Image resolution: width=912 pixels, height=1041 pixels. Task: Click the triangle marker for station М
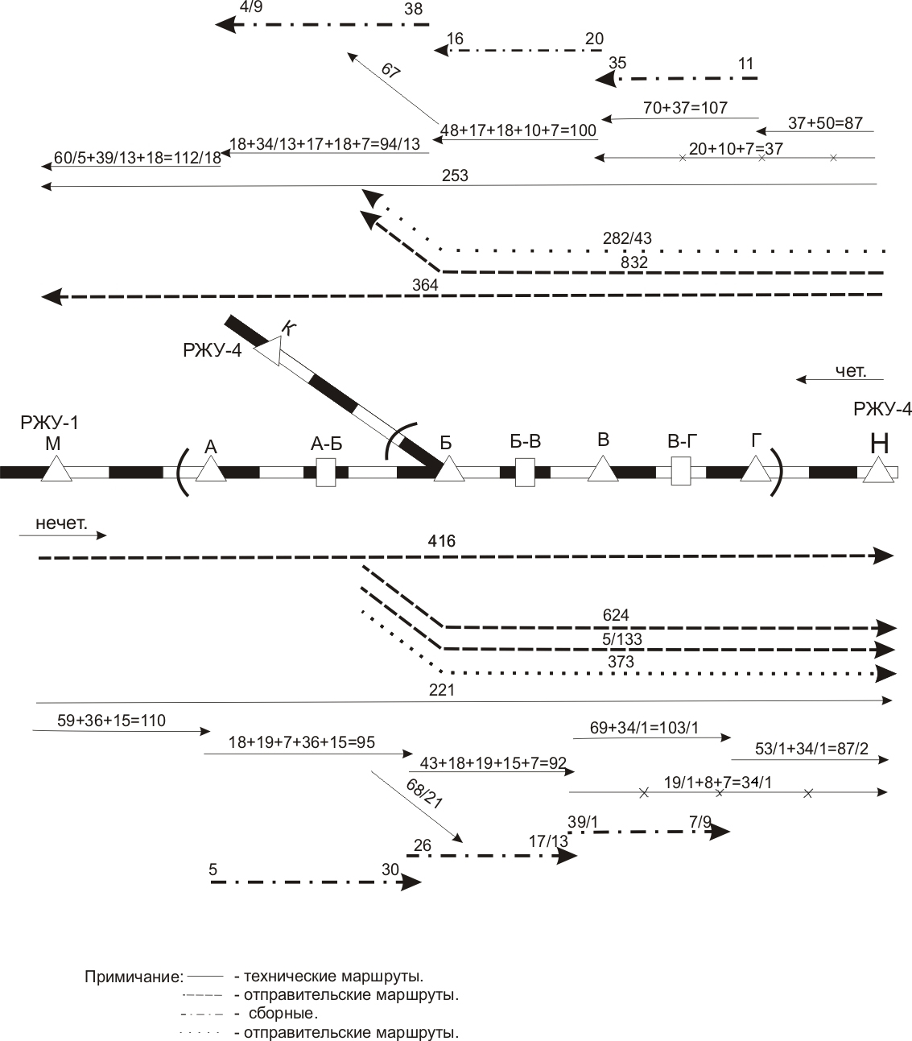coord(56,469)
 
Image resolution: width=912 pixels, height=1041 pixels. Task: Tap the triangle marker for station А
coord(210,469)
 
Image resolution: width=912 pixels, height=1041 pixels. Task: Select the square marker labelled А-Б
coord(326,472)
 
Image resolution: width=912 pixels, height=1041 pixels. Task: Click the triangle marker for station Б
coord(450,469)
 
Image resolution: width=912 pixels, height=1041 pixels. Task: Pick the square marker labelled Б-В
coord(525,472)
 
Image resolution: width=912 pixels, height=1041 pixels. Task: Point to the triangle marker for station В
coord(602,469)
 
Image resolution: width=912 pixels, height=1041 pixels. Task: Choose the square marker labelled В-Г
coord(681,471)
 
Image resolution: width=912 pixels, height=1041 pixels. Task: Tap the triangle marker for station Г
coord(755,469)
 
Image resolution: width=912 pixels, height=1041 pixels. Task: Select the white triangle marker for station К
coord(270,351)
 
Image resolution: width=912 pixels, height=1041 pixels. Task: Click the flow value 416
coord(442,541)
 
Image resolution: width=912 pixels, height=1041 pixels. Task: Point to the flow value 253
coord(455,176)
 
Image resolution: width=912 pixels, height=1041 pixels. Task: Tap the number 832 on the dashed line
coord(634,262)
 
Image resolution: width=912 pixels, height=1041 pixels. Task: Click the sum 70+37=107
coord(685,107)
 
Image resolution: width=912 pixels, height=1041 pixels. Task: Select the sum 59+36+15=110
coord(111,720)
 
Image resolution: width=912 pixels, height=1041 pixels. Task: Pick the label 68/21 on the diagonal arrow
coord(424,794)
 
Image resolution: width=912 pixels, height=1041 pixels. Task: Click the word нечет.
coord(60,523)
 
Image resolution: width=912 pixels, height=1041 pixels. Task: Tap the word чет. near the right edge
coord(850,370)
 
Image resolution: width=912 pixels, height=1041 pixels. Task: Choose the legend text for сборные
coord(283,1013)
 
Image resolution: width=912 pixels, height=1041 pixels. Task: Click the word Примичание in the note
coord(133,977)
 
